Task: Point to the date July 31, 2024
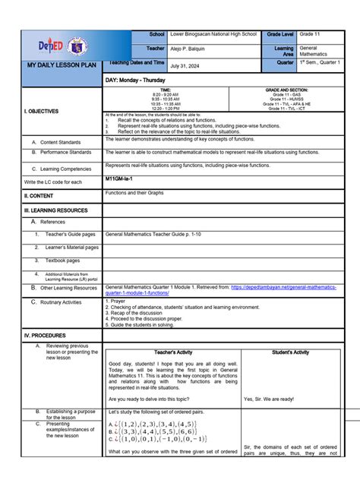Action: tap(188, 66)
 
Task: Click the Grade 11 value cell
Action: tap(311, 35)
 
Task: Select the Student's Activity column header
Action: tap(290, 352)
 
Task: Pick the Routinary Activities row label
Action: tap(61, 302)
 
